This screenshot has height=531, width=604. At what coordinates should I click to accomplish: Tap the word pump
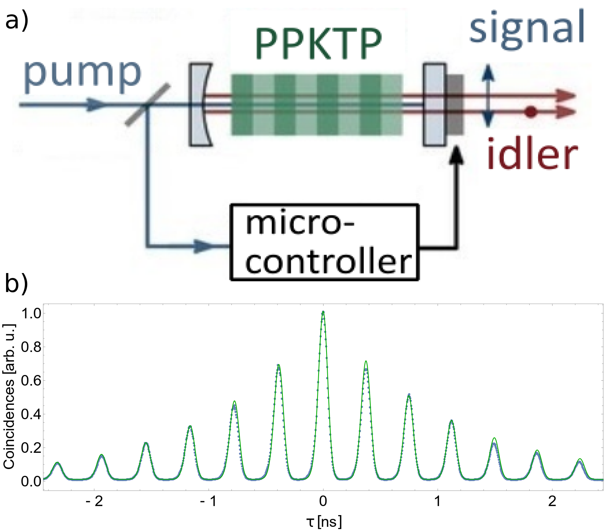click(83, 76)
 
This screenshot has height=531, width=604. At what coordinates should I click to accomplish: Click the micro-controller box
click(325, 242)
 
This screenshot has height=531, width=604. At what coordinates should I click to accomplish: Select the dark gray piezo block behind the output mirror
click(455, 105)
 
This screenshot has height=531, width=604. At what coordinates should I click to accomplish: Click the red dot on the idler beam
click(531, 112)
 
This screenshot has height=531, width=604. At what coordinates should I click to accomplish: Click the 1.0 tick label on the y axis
click(31, 313)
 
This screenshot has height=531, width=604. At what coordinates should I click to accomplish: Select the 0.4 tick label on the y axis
click(31, 414)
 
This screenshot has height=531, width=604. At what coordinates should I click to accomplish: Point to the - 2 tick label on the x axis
click(94, 501)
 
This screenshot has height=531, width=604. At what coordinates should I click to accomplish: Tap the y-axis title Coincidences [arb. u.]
click(9, 397)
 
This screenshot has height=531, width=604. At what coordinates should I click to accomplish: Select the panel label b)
click(17, 283)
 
